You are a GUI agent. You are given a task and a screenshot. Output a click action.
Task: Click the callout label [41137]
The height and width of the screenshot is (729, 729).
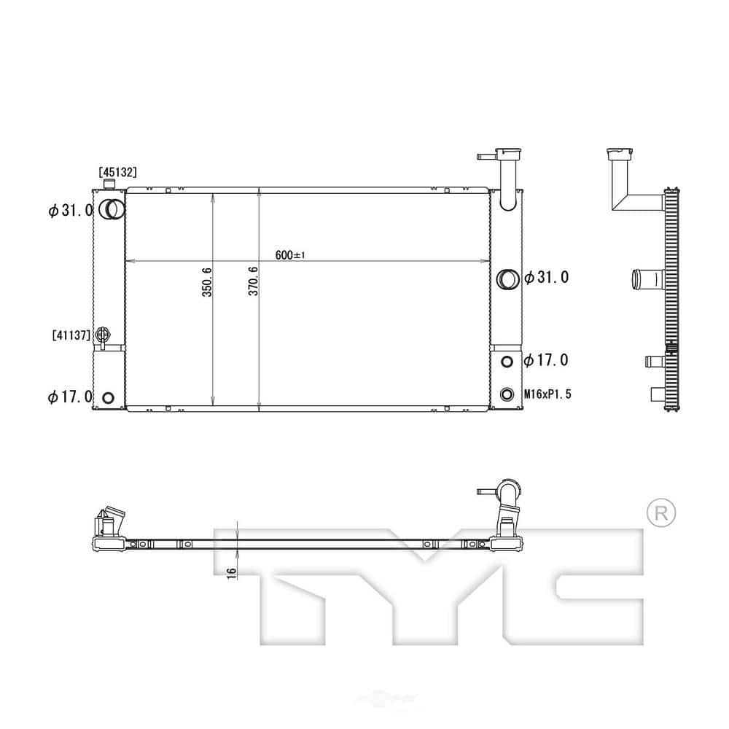pos(71,335)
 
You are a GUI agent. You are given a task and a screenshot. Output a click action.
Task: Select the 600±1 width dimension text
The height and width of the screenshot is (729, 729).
pos(289,254)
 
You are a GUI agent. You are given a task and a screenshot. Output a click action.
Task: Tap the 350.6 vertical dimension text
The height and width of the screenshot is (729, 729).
pos(206,281)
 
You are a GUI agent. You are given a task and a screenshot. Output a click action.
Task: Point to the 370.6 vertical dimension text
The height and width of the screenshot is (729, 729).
pos(254,281)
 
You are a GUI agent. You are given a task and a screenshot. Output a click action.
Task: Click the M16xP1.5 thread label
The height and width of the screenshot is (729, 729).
pos(548,394)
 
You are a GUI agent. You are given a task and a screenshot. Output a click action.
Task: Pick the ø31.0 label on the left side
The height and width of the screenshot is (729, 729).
pos(71,211)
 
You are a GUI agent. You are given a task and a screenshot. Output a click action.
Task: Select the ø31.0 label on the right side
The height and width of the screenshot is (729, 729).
pos(547,278)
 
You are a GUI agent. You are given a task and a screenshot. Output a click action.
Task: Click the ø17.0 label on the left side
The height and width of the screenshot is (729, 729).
pos(71,397)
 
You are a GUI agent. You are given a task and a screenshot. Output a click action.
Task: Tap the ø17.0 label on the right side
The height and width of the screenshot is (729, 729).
pos(547,360)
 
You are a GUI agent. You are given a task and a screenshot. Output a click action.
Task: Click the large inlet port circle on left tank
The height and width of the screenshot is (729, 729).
pos(112,210)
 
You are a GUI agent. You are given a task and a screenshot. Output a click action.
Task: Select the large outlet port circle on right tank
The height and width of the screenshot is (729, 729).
pos(507,278)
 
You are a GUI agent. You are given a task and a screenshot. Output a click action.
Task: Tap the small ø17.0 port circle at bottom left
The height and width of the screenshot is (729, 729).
pos(108,397)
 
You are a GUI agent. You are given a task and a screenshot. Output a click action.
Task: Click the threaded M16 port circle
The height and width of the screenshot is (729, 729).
pos(507,395)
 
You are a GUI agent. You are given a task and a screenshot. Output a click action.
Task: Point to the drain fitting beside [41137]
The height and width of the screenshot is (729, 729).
pos(103,335)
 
